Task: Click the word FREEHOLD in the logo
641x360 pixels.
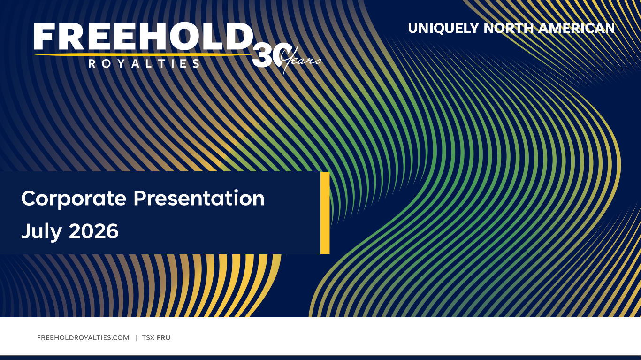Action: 144,36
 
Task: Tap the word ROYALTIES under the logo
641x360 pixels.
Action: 144,63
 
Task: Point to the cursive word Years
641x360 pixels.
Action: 301,61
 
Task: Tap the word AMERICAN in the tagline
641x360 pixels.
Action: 576,28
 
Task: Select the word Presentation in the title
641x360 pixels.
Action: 199,198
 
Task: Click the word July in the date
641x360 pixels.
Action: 41,232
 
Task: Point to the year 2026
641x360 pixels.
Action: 93,231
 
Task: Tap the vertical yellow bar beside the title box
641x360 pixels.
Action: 325,213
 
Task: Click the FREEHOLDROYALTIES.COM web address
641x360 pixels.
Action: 83,337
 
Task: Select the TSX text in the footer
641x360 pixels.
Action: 148,337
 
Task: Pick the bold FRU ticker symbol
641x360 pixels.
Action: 163,337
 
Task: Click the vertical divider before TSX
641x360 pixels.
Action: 137,337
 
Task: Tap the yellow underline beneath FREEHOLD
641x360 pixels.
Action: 143,54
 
